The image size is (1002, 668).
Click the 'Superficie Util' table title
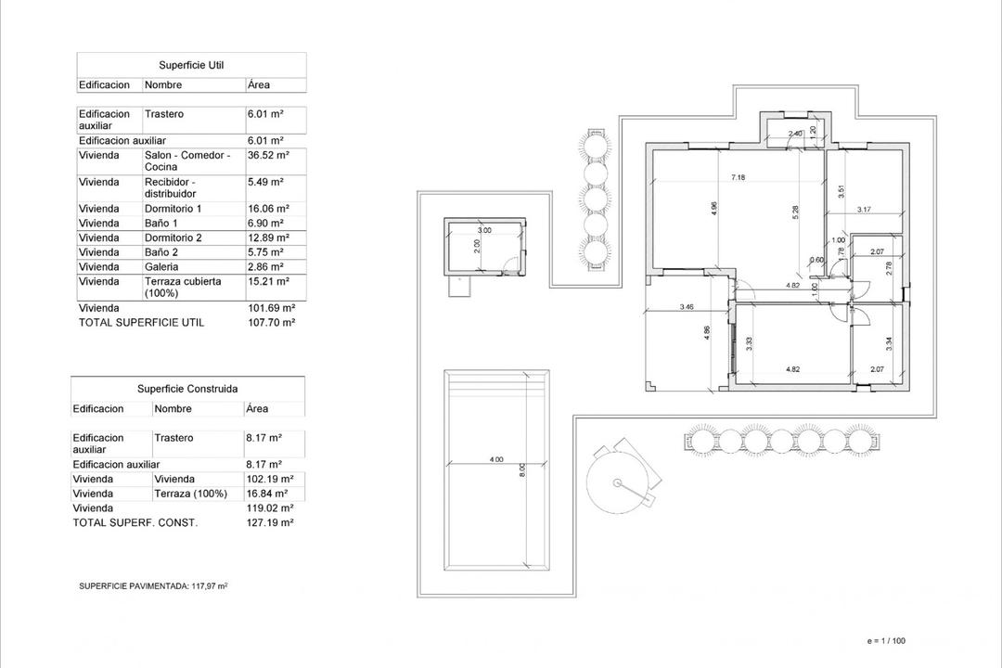[x=191, y=65]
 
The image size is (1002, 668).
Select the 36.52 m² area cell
[x=268, y=156]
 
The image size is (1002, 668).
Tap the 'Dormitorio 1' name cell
[x=173, y=209]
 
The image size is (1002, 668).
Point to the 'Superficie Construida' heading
[x=187, y=389]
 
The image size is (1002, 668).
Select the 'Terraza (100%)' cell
[x=190, y=494]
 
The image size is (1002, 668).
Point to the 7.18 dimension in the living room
[x=738, y=177]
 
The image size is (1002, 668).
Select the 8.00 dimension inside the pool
[x=522, y=469]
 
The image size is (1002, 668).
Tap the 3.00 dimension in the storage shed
[x=484, y=230]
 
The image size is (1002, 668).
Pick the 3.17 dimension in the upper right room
[x=864, y=210]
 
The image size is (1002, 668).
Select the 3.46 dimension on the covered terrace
[x=687, y=306]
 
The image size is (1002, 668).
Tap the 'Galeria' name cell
[x=161, y=266]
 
